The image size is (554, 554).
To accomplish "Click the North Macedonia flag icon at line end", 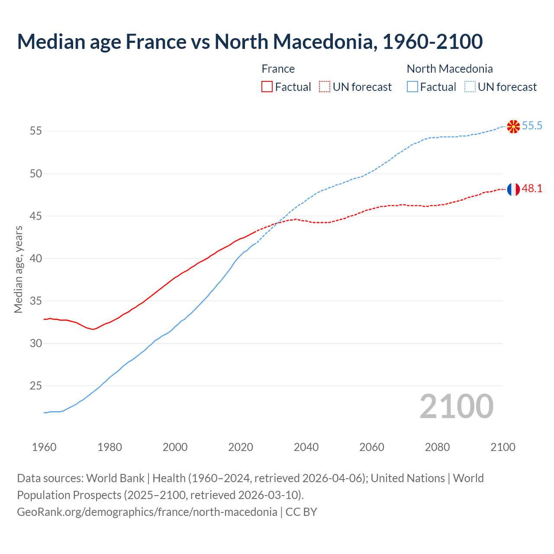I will coord(513,126).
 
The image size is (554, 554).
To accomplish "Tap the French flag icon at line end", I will coord(513,189).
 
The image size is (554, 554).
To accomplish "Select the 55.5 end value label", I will coord(532,126).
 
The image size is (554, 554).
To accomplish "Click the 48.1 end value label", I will coord(532,189).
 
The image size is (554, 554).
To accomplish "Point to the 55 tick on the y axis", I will coord(36,131).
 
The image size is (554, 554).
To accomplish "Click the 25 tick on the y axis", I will coord(36,386).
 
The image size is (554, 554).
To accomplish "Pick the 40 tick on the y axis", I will coord(36,258).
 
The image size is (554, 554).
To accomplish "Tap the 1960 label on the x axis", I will coord(44,447).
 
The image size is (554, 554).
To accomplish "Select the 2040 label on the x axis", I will coord(306,447).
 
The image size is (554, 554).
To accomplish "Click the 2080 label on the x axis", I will coord(437,447).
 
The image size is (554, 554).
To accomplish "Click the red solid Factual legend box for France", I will coord(267,87).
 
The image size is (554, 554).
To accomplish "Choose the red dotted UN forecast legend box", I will coord(325,87).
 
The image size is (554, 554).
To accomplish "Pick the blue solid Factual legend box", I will coord(412,87).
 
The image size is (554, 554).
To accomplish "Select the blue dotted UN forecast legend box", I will coord(470,87).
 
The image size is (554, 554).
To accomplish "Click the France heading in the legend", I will coord(278,69).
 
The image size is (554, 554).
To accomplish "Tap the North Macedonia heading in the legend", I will coord(450,69).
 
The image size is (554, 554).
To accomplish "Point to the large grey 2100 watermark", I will coord(456,406).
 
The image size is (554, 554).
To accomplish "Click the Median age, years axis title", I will coord(18,269).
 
